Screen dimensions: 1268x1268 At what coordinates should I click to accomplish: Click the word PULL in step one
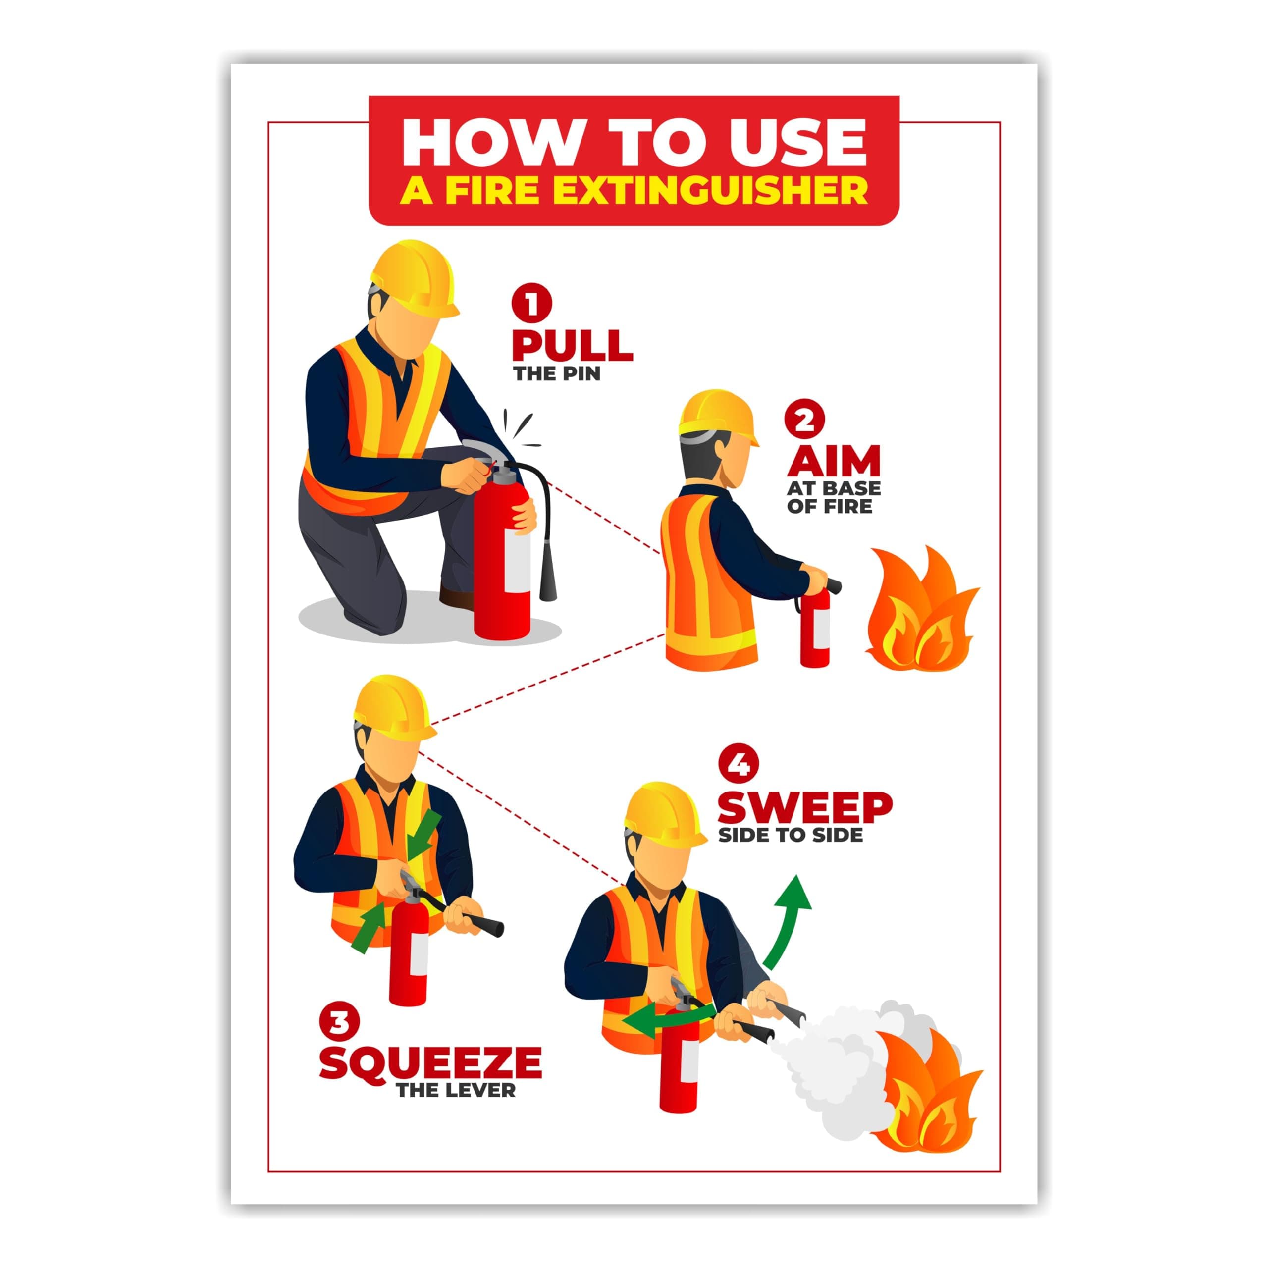pos(572,345)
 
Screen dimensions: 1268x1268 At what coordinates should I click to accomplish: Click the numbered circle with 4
pos(739,765)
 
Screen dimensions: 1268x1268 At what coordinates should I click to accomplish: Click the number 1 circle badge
pos(531,303)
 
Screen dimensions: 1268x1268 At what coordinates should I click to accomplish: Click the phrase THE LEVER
pos(456,1090)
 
